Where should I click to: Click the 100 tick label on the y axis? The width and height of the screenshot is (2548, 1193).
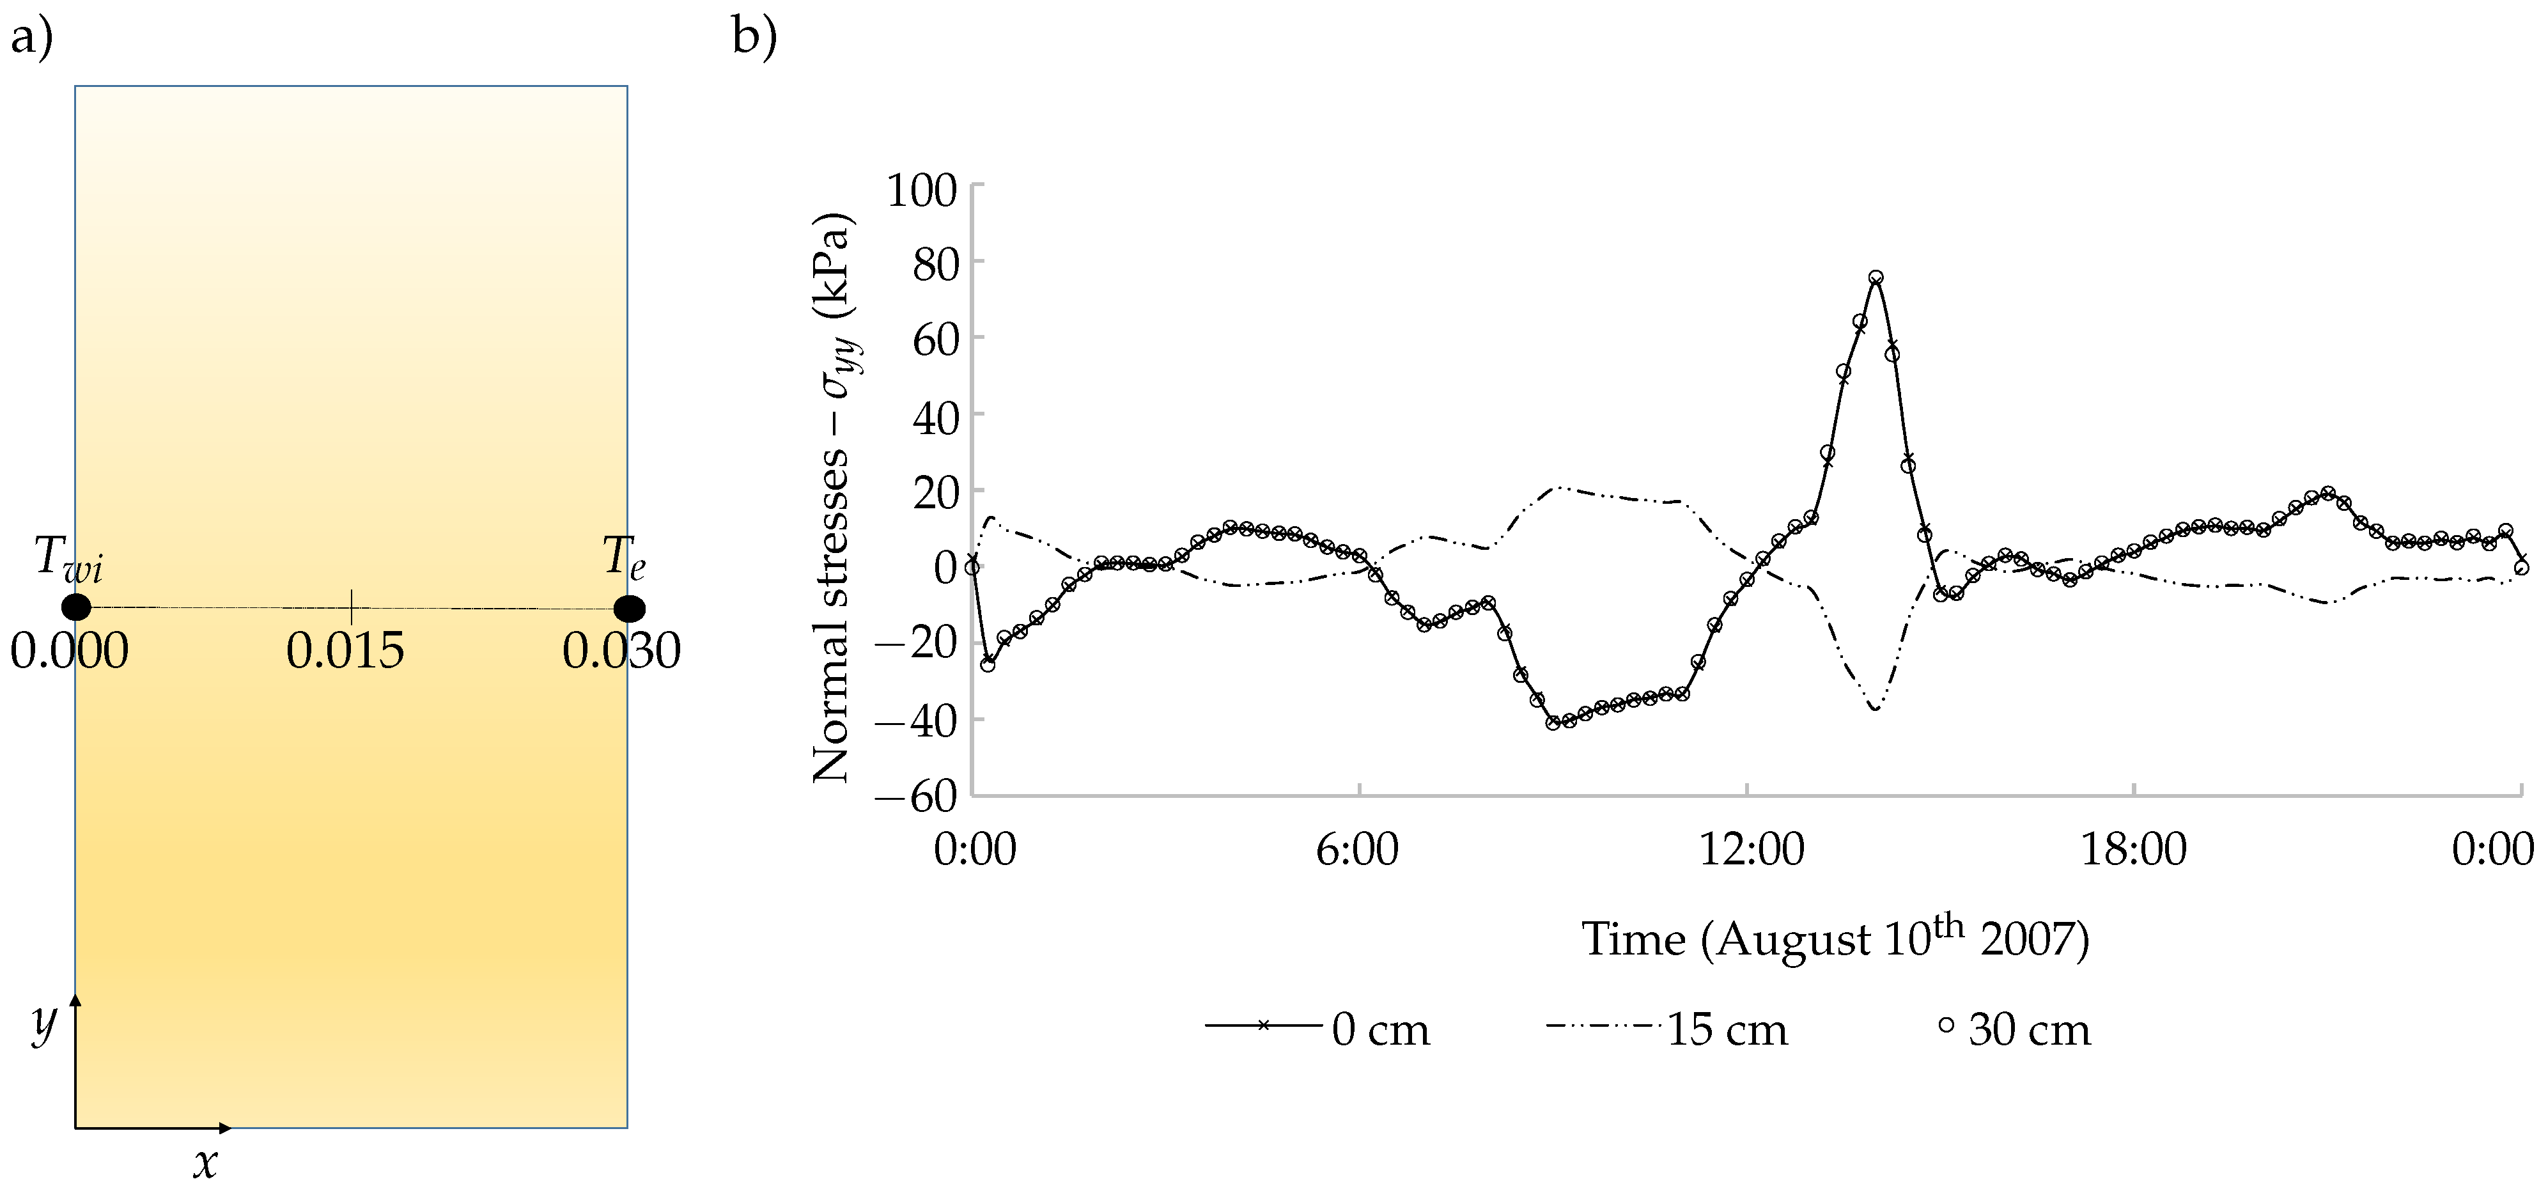(921, 191)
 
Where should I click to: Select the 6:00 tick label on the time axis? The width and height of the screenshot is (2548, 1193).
(1357, 850)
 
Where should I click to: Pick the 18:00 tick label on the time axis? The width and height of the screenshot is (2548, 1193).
(2134, 850)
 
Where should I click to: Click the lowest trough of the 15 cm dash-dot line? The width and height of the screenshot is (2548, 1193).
(1874, 709)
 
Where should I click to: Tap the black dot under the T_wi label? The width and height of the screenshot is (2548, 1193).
(75, 607)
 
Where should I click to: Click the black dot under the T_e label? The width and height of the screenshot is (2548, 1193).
(629, 609)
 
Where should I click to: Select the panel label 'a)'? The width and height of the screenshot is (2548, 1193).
(31, 40)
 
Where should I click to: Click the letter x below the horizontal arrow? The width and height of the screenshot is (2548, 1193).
(205, 1164)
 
